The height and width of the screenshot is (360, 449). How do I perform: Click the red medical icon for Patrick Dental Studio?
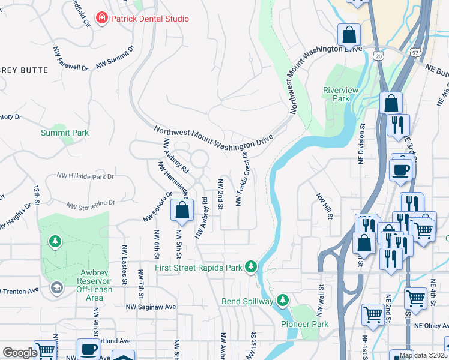[102, 19]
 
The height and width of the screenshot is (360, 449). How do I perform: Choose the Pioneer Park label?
[304, 324]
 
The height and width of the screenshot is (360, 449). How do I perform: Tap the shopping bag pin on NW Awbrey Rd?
[182, 211]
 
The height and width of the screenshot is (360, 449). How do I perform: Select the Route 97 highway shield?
[416, 53]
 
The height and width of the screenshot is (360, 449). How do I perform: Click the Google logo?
[20, 353]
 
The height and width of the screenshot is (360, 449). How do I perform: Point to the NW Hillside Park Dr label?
[85, 176]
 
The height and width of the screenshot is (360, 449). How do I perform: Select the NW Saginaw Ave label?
[151, 307]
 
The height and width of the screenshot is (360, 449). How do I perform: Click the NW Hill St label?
[324, 206]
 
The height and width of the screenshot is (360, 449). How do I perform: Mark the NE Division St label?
[361, 144]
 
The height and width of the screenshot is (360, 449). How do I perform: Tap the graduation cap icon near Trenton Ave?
[56, 287]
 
